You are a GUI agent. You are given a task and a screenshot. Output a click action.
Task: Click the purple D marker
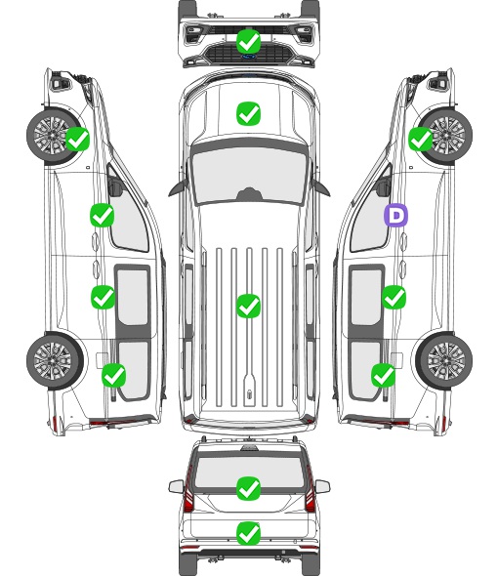pyautogui.click(x=395, y=215)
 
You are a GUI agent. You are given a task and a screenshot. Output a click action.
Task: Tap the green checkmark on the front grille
pyautogui.click(x=248, y=42)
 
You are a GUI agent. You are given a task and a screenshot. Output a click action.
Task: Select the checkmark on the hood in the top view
pyautogui.click(x=248, y=113)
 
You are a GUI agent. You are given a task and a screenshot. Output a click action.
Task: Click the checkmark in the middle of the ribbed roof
pyautogui.click(x=248, y=306)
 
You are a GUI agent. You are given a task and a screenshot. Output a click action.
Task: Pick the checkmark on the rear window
pyautogui.click(x=248, y=488)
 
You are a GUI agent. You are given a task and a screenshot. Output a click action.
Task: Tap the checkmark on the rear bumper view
pyautogui.click(x=248, y=533)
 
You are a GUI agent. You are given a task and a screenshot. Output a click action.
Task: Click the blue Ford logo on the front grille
pyautogui.click(x=249, y=57)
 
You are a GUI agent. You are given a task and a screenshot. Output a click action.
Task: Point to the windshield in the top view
pyautogui.click(x=249, y=176)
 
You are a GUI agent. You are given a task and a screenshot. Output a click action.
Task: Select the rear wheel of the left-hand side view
pyautogui.click(x=55, y=361)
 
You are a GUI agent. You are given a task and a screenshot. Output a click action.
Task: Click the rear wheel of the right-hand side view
pyautogui.click(x=444, y=361)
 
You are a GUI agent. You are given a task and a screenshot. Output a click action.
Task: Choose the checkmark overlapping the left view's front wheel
pyautogui.click(x=77, y=139)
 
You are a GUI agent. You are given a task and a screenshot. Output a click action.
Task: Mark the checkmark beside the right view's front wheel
pyautogui.click(x=421, y=139)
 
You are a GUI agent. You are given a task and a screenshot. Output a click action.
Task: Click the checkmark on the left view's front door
pyautogui.click(x=103, y=215)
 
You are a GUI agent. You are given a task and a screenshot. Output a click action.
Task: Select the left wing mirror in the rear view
pyautogui.click(x=177, y=486)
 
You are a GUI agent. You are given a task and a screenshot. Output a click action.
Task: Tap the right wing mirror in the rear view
pyautogui.click(x=322, y=486)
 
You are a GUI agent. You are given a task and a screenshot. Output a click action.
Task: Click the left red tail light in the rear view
pyautogui.click(x=188, y=490)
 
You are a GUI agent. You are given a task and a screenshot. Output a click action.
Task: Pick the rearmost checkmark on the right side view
pyautogui.click(x=384, y=376)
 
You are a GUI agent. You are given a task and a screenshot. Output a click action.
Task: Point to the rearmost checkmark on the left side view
pyautogui.click(x=114, y=376)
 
